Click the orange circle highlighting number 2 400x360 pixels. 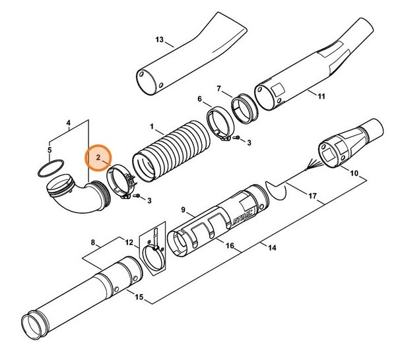(98, 158)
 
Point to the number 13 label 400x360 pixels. (160, 40)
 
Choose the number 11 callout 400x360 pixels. (321, 96)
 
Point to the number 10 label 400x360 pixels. (354, 175)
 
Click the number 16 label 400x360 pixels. (230, 246)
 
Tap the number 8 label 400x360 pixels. (94, 242)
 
